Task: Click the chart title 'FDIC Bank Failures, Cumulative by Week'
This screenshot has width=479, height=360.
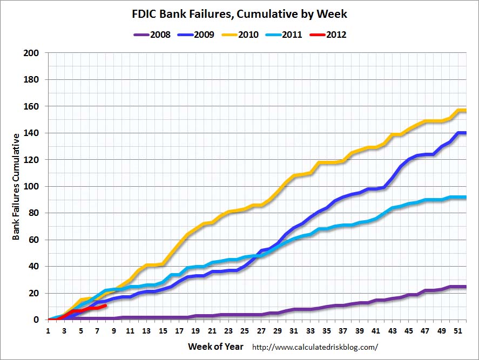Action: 239,13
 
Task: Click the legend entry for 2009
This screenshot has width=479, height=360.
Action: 196,35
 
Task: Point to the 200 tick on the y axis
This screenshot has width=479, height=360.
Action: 32,53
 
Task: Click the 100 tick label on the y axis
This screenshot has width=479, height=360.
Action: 32,187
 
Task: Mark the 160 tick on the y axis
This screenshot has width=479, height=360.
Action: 32,107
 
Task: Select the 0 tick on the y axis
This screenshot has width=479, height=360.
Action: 36,320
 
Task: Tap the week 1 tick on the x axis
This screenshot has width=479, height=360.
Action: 48,331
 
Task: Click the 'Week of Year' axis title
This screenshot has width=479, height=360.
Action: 215,347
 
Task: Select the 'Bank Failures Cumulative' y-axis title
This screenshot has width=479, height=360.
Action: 16,187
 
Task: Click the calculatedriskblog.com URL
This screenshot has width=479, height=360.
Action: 315,347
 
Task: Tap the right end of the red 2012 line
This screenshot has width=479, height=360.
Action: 105,305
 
